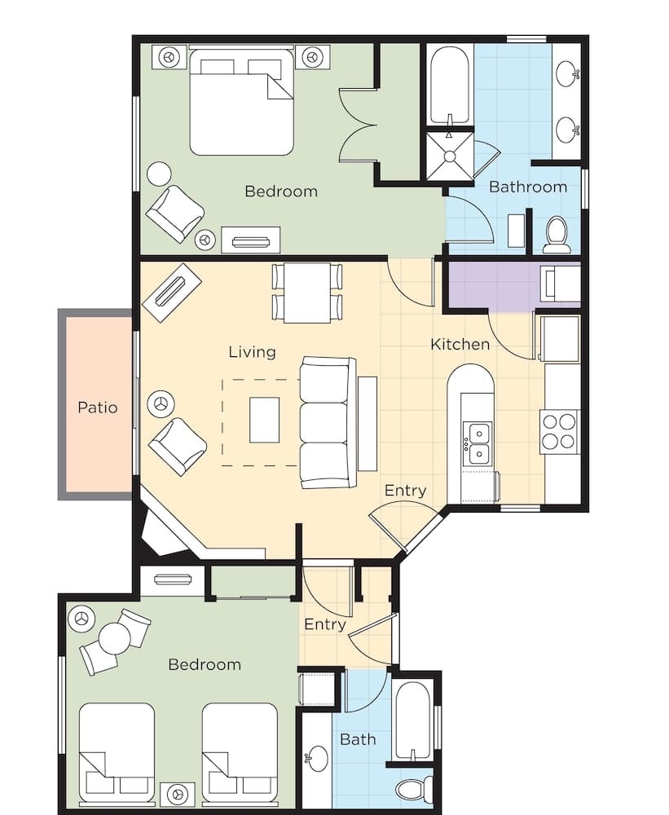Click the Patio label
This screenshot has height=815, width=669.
click(x=98, y=407)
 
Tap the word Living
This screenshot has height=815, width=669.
click(x=252, y=352)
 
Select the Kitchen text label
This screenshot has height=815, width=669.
click(x=460, y=345)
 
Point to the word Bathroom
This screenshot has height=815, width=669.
click(x=527, y=187)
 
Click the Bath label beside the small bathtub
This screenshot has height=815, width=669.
click(x=358, y=739)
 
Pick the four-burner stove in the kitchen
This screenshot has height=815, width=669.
click(x=559, y=431)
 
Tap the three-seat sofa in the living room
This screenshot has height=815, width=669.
click(x=328, y=422)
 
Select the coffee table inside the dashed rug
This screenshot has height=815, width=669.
click(x=264, y=419)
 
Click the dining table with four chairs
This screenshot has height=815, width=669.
click(x=306, y=293)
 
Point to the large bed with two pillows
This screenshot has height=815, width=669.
click(x=241, y=102)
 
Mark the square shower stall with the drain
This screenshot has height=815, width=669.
click(x=449, y=155)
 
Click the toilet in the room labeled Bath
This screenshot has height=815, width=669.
click(x=414, y=789)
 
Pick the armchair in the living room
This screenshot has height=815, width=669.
click(x=177, y=446)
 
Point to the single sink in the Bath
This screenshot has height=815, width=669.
click(x=316, y=758)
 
